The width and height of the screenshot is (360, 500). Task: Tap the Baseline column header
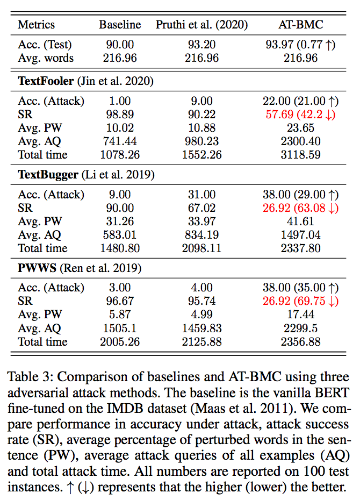point(120,25)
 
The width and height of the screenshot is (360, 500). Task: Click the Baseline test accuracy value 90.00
point(120,45)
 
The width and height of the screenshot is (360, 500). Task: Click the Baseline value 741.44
point(120,141)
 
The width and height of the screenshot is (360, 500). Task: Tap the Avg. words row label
point(46,58)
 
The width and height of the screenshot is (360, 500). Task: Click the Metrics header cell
point(36,25)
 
